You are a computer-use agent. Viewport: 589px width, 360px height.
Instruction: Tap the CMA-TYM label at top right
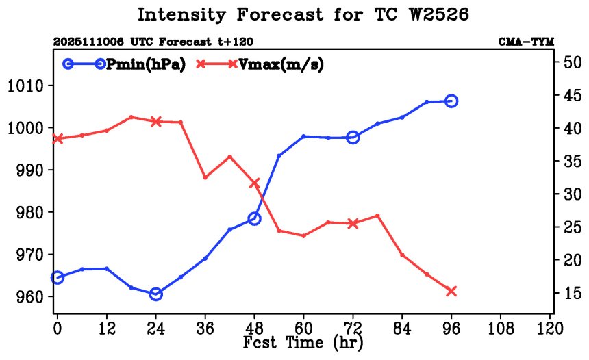pos(525,42)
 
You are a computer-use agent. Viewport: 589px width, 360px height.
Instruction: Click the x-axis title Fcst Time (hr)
pos(303,342)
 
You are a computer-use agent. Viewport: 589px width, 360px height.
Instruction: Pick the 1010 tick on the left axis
pos(26,86)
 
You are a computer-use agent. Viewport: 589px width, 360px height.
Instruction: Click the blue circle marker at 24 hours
pos(155,294)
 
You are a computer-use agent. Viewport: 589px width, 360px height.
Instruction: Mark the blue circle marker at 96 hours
pos(451,101)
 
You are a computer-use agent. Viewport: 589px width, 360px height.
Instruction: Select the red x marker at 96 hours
pos(451,292)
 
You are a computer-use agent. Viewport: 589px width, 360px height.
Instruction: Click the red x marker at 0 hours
pos(58,139)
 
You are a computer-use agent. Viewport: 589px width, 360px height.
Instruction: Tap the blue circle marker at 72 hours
pos(353,138)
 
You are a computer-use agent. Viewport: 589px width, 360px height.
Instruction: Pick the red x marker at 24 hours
pos(155,121)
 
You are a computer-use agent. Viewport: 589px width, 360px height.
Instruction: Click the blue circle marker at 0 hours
pos(58,277)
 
